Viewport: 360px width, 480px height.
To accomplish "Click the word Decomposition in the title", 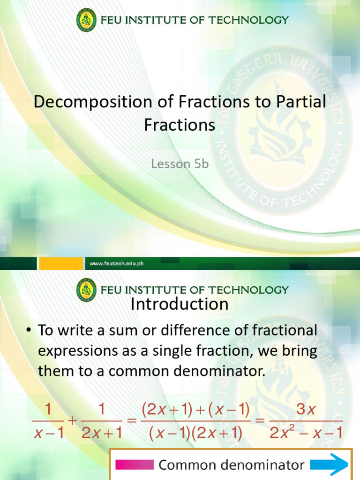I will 89,103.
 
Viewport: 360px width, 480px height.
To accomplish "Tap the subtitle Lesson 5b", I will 180,164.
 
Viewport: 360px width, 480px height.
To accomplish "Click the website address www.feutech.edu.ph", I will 117,264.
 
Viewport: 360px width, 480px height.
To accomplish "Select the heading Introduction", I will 180,304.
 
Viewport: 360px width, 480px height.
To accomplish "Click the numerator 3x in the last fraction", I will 307,409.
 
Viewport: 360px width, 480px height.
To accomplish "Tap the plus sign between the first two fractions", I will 72,421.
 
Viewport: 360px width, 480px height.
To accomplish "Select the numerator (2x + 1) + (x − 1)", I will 195,409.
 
